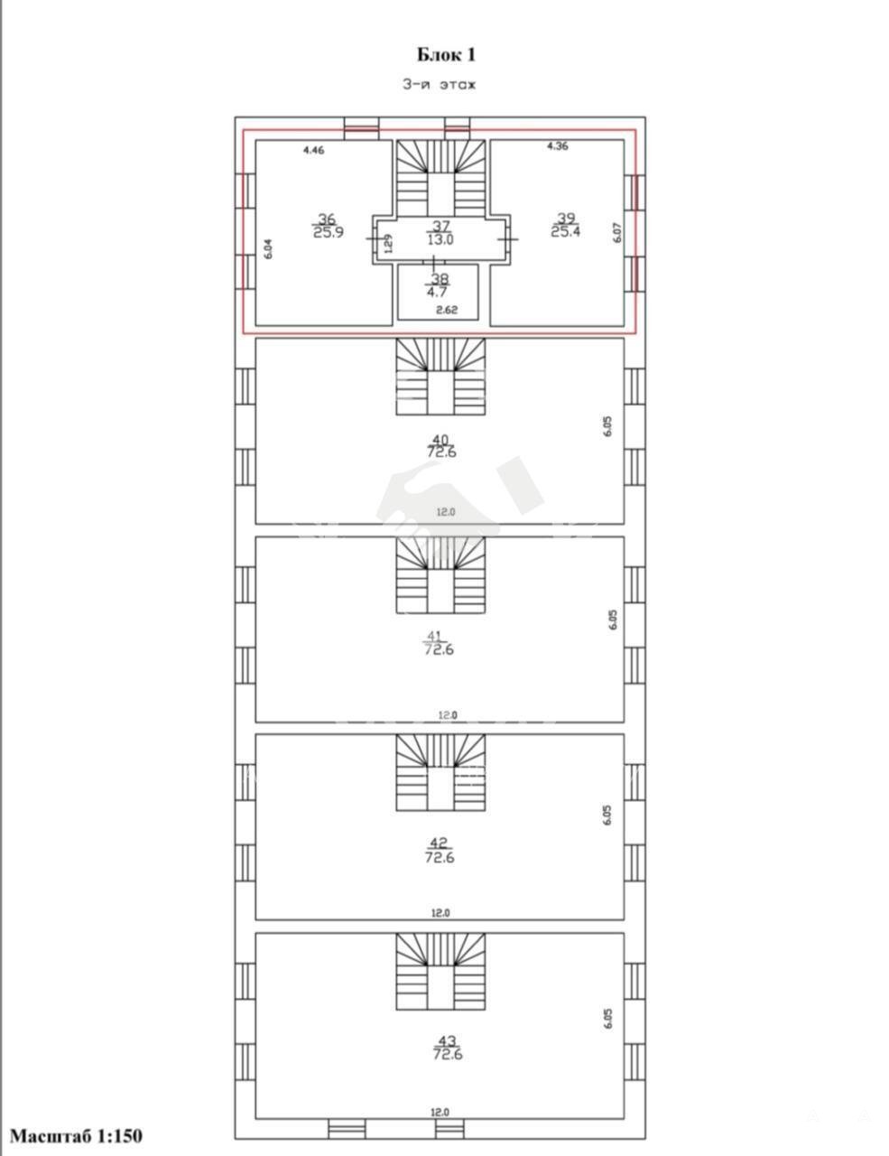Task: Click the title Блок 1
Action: click(x=445, y=55)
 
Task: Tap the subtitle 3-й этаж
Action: click(x=439, y=85)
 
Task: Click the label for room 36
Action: click(x=328, y=226)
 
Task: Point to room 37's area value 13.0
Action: click(x=440, y=240)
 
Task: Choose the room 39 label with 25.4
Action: click(x=566, y=225)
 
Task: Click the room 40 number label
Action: click(x=441, y=440)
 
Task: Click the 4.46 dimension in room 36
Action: click(x=313, y=150)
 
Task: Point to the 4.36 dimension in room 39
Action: click(x=558, y=145)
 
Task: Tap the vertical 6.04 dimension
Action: click(x=268, y=249)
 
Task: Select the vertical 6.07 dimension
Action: click(x=617, y=232)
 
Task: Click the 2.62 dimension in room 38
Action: click(x=447, y=310)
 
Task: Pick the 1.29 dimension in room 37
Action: click(x=388, y=244)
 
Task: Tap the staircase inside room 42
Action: click(x=440, y=773)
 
